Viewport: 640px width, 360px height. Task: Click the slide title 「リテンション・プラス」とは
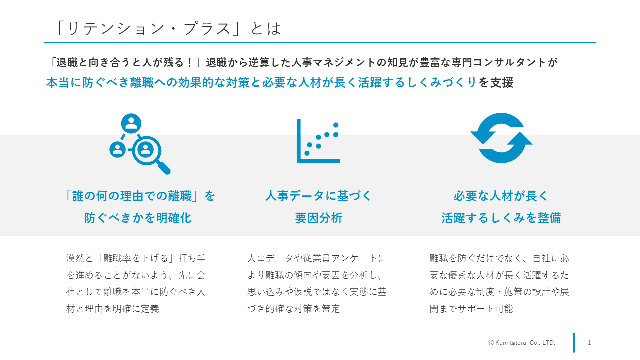(168, 28)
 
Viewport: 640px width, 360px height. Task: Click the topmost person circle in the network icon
(131, 123)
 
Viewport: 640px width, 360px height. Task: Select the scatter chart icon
(318, 141)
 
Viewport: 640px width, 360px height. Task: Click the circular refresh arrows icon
(501, 138)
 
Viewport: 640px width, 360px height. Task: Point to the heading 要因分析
(319, 218)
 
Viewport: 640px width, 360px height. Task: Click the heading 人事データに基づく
(319, 196)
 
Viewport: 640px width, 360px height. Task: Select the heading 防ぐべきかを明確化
(138, 218)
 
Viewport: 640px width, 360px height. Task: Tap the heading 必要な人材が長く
(501, 196)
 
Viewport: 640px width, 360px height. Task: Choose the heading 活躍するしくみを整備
(501, 218)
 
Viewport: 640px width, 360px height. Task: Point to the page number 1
(589, 343)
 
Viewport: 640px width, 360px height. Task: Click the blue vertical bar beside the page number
(574, 343)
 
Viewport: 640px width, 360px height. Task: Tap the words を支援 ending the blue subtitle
(496, 83)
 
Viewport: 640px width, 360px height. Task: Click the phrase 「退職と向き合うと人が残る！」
(125, 62)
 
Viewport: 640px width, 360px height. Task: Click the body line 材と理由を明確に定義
(113, 309)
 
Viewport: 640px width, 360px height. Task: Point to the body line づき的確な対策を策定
(294, 309)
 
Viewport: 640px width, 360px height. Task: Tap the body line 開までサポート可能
(471, 309)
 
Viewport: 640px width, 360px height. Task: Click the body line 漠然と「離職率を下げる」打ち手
(136, 258)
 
